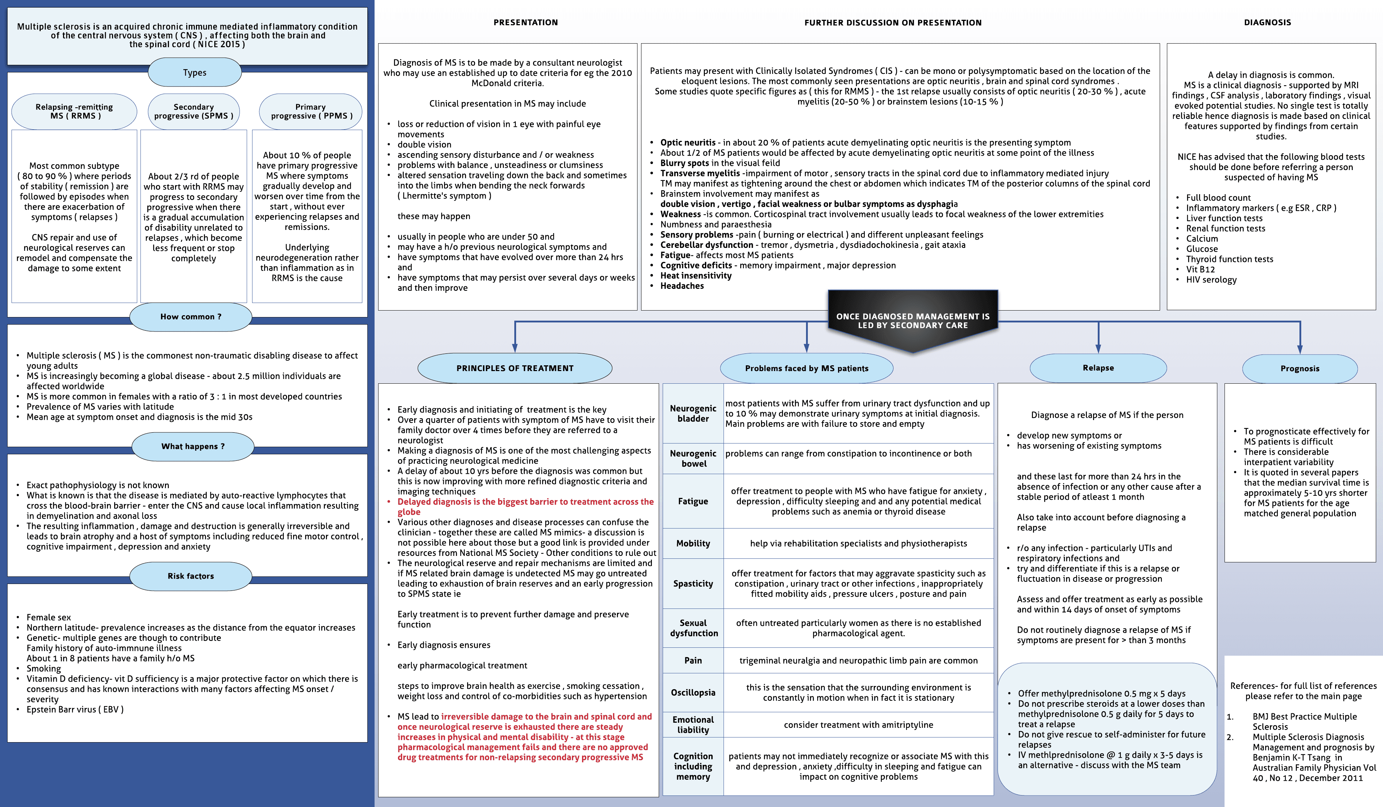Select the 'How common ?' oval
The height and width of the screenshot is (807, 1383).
pos(191,317)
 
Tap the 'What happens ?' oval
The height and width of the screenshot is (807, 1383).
pos(193,446)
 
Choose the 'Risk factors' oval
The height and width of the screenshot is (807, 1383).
pos(191,576)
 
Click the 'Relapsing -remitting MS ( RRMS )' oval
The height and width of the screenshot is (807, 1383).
pos(74,111)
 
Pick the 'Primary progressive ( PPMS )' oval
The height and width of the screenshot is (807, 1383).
pos(310,111)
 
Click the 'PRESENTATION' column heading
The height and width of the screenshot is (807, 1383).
pos(525,22)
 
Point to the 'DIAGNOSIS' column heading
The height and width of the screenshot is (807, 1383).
pos(1267,22)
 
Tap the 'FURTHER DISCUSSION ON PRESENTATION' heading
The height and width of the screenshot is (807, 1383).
pos(893,22)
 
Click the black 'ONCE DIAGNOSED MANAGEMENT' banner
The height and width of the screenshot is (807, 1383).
pos(913,321)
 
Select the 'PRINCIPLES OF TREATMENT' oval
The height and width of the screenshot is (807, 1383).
pos(515,368)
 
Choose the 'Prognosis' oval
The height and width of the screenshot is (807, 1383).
pos(1299,368)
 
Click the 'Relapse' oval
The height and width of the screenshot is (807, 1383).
pos(1098,368)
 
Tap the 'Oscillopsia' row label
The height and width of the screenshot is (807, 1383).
pos(693,693)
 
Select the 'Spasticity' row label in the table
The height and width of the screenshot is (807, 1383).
pos(693,584)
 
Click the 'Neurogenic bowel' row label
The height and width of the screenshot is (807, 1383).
pos(693,458)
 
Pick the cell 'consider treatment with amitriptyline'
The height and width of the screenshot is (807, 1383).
pos(858,724)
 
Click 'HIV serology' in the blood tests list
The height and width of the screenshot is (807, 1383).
pos(1211,280)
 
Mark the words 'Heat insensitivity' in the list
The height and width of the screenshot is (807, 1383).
pos(695,276)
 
